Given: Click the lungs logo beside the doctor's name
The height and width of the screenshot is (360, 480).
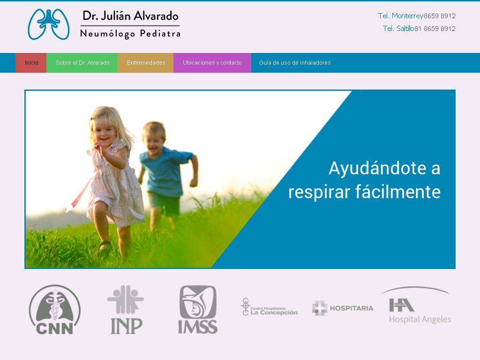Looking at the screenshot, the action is tap(49, 24).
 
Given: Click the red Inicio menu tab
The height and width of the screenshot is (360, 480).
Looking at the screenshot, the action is tap(31, 63).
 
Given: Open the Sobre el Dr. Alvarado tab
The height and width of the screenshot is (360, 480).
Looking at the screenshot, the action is tap(82, 63).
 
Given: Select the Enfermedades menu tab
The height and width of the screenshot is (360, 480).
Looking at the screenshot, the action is tap(146, 63).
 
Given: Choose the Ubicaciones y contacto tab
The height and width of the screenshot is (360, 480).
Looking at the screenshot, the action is tap(212, 63).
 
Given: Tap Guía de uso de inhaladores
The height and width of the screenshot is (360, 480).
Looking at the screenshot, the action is tap(295, 63).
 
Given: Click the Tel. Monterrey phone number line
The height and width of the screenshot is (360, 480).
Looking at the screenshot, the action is tap(417, 16).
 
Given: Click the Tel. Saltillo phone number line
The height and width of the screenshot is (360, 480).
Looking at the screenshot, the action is tap(419, 29).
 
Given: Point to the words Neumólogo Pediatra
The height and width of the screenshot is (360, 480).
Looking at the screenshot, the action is tap(130, 34).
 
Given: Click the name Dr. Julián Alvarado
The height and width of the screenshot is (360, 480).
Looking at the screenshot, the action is tap(130, 15).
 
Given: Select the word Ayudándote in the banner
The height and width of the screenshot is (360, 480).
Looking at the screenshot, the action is tap(378, 168).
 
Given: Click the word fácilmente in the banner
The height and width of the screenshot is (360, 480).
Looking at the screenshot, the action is tap(397, 192).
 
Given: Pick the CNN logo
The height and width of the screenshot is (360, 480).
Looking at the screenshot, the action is tap(55, 310).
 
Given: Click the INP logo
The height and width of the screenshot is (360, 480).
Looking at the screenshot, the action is tap(126, 309).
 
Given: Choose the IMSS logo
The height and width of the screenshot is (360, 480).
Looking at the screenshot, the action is tap(198, 309).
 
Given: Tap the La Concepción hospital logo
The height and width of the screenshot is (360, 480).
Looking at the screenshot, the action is tap(269, 307).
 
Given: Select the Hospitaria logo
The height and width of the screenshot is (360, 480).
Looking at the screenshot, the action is tap(343, 308).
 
